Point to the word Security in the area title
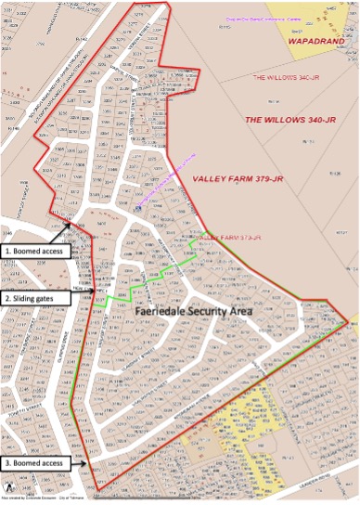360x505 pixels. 220,311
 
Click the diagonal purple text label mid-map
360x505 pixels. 167,177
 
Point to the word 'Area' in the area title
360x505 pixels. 264,311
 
